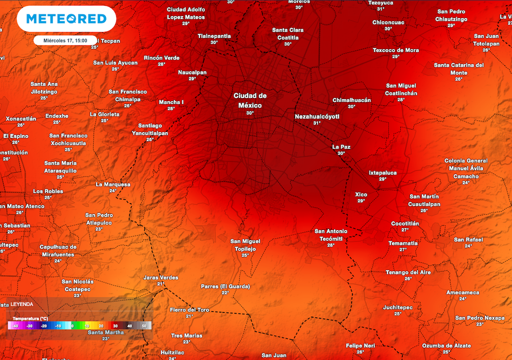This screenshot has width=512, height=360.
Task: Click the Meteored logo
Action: click(x=66, y=19)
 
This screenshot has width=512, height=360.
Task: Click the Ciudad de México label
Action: click(x=250, y=100)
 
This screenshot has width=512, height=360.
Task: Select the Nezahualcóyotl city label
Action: click(x=317, y=116)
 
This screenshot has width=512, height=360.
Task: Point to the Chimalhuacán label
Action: click(x=351, y=100)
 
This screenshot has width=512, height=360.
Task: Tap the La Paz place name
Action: click(x=341, y=147)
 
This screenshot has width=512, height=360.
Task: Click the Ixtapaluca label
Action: click(x=382, y=173)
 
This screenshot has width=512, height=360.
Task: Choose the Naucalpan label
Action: click(x=192, y=72)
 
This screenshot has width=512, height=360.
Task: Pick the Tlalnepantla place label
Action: click(x=214, y=36)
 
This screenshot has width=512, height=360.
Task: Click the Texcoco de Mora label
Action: click(x=395, y=50)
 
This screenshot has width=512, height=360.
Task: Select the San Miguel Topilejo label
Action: click(x=245, y=245)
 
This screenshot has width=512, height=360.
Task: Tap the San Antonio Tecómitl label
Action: click(x=330, y=234)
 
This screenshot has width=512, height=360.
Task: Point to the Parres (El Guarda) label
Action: click(x=225, y=286)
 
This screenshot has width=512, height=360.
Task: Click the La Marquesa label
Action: click(x=113, y=184)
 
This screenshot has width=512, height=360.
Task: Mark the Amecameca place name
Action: click(x=462, y=292)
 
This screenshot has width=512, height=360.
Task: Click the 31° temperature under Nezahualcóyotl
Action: click(x=316, y=123)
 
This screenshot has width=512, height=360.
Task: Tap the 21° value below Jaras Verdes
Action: click(x=160, y=284)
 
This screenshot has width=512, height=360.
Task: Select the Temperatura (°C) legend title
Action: click(x=30, y=318)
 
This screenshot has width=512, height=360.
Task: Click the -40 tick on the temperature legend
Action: click(x=15, y=326)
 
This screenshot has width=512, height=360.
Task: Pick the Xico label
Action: click(x=361, y=194)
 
